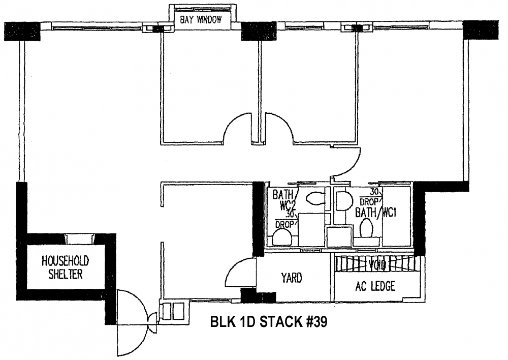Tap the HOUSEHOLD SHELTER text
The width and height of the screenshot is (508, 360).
(x=65, y=267)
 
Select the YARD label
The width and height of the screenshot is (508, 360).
(x=292, y=278)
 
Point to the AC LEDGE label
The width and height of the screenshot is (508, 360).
(x=376, y=286)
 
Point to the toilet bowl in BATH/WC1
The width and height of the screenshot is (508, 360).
(x=366, y=230)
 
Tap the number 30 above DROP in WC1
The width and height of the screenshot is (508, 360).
(x=375, y=192)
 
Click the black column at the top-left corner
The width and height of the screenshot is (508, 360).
(x=21, y=31)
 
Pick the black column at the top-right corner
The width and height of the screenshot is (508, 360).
(x=481, y=29)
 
